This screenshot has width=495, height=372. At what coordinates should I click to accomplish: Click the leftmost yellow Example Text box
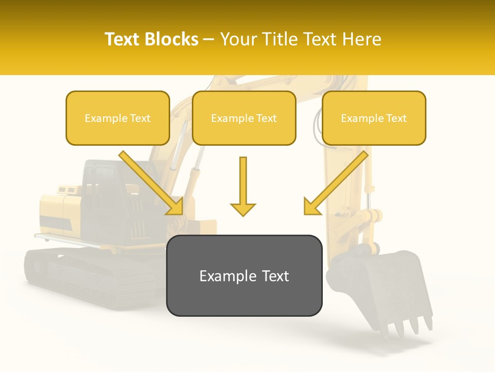coord(118,118)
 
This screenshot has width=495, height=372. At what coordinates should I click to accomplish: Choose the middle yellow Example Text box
coord(244,118)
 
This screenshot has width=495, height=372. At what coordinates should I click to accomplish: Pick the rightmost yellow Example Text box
coord(374,118)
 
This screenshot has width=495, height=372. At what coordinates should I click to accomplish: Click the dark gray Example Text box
coord(244,275)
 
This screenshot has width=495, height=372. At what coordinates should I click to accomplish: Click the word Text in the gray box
coord(273,276)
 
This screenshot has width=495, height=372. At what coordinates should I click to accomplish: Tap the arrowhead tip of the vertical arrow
coord(243,214)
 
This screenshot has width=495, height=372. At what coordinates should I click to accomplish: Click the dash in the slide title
coord(209,39)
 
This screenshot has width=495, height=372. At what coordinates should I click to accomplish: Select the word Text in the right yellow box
coord(397,118)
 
